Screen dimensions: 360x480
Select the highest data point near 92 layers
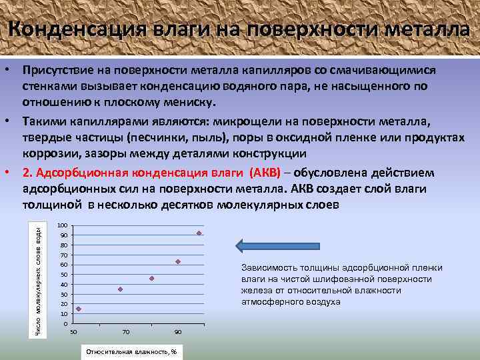tap(199, 233)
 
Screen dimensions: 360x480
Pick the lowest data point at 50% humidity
tap(79, 309)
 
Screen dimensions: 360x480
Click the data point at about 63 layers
tap(178, 261)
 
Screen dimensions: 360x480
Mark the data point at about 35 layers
tap(120, 289)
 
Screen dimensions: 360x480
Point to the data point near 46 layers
tap(152, 278)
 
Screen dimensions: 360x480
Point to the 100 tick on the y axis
tap(63, 225)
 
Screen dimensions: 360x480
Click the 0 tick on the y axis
tap(64, 323)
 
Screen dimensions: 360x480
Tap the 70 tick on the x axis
tap(126, 331)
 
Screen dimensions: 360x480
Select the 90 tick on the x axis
tap(177, 331)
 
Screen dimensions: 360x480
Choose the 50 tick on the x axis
tap(74, 331)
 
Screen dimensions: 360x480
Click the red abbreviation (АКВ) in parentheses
tap(266, 173)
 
